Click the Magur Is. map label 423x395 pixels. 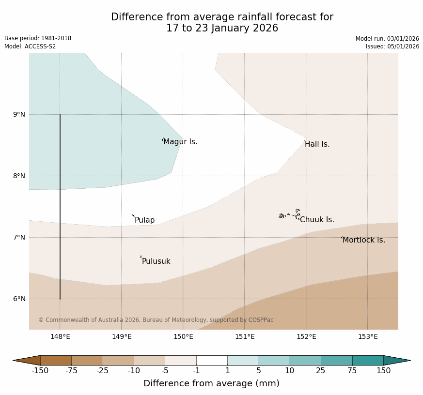click(180, 142)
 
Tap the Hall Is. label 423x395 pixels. click(317, 144)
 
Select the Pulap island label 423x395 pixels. click(144, 220)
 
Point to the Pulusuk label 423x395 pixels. click(156, 261)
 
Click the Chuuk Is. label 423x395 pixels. click(317, 220)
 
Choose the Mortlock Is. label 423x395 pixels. click(363, 240)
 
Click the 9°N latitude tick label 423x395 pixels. click(19, 115)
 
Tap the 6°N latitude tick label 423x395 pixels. click(19, 299)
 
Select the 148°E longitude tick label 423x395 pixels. click(61, 337)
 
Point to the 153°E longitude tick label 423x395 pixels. click(368, 337)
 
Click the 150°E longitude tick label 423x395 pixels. click(183, 337)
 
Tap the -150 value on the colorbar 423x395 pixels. click(41, 371)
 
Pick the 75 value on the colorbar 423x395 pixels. click(352, 371)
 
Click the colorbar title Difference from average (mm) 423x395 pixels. click(211, 383)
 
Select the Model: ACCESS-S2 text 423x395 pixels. click(30, 46)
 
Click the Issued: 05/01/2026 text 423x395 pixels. click(392, 46)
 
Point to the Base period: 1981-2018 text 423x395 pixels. click(38, 38)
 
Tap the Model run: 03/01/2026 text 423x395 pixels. click(387, 39)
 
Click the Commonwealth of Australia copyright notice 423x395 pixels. click(156, 320)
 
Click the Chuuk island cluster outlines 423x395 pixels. click(290, 214)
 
